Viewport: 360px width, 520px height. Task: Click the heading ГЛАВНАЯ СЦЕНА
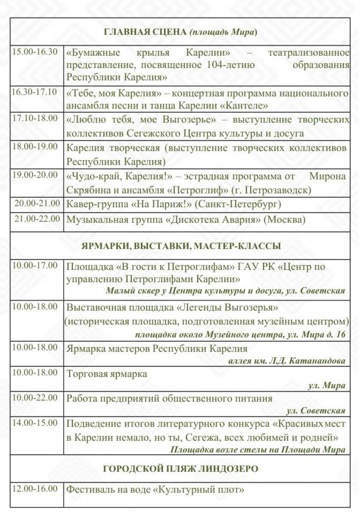(145, 32)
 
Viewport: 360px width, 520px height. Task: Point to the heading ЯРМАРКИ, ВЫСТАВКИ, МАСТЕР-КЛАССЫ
(181, 246)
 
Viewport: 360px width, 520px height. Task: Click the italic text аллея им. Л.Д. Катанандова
(286, 361)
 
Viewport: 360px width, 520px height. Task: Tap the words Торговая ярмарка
(107, 374)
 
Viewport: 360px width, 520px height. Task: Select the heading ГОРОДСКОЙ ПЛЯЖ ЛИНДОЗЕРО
(181, 469)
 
